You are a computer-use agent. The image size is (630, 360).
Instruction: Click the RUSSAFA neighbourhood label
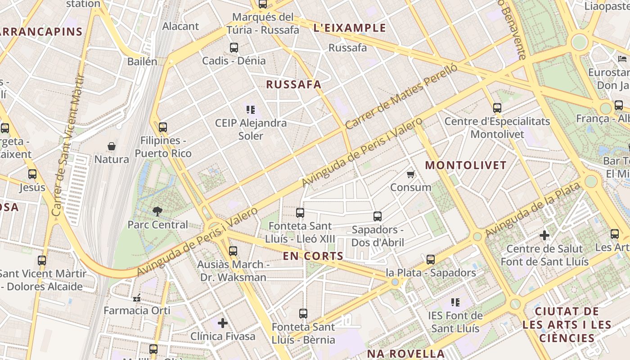click(293, 85)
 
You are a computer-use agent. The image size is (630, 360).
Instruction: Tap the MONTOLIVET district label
click(466, 165)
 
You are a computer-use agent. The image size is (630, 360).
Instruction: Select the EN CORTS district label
click(313, 256)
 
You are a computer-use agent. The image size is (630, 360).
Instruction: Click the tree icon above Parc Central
click(157, 211)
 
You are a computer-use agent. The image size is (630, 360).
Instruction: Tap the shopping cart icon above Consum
click(410, 174)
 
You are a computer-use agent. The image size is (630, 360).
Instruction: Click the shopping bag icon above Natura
click(112, 146)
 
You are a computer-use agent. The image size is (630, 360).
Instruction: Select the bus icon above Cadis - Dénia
click(234, 47)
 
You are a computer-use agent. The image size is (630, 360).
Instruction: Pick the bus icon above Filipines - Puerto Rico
click(163, 127)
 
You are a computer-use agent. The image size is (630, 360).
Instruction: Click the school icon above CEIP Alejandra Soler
click(251, 109)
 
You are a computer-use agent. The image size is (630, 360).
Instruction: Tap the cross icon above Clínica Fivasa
click(223, 323)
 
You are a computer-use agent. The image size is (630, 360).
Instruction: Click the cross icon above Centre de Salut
click(544, 235)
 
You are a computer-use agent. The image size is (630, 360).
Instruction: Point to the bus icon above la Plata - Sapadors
click(431, 260)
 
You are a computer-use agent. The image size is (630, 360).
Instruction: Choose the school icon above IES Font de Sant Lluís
click(455, 302)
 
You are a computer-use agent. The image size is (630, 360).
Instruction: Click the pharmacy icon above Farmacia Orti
click(137, 297)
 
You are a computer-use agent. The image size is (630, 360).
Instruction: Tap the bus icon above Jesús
click(32, 174)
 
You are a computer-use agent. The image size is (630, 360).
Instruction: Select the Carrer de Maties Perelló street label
click(401, 96)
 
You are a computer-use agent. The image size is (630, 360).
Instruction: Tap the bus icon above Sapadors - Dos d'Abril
click(378, 216)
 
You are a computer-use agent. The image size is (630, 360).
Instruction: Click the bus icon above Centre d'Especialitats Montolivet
click(497, 108)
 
